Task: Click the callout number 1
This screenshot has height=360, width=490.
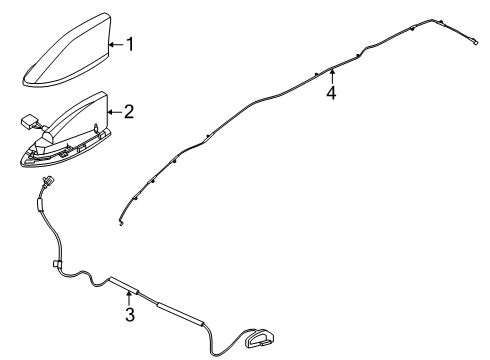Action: (x=127, y=44)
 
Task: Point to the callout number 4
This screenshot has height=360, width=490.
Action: (x=331, y=93)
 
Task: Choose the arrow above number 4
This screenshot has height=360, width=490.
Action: (x=331, y=75)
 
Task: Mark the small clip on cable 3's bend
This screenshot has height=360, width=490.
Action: (x=54, y=264)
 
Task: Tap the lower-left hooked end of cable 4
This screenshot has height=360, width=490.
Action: (x=121, y=222)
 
